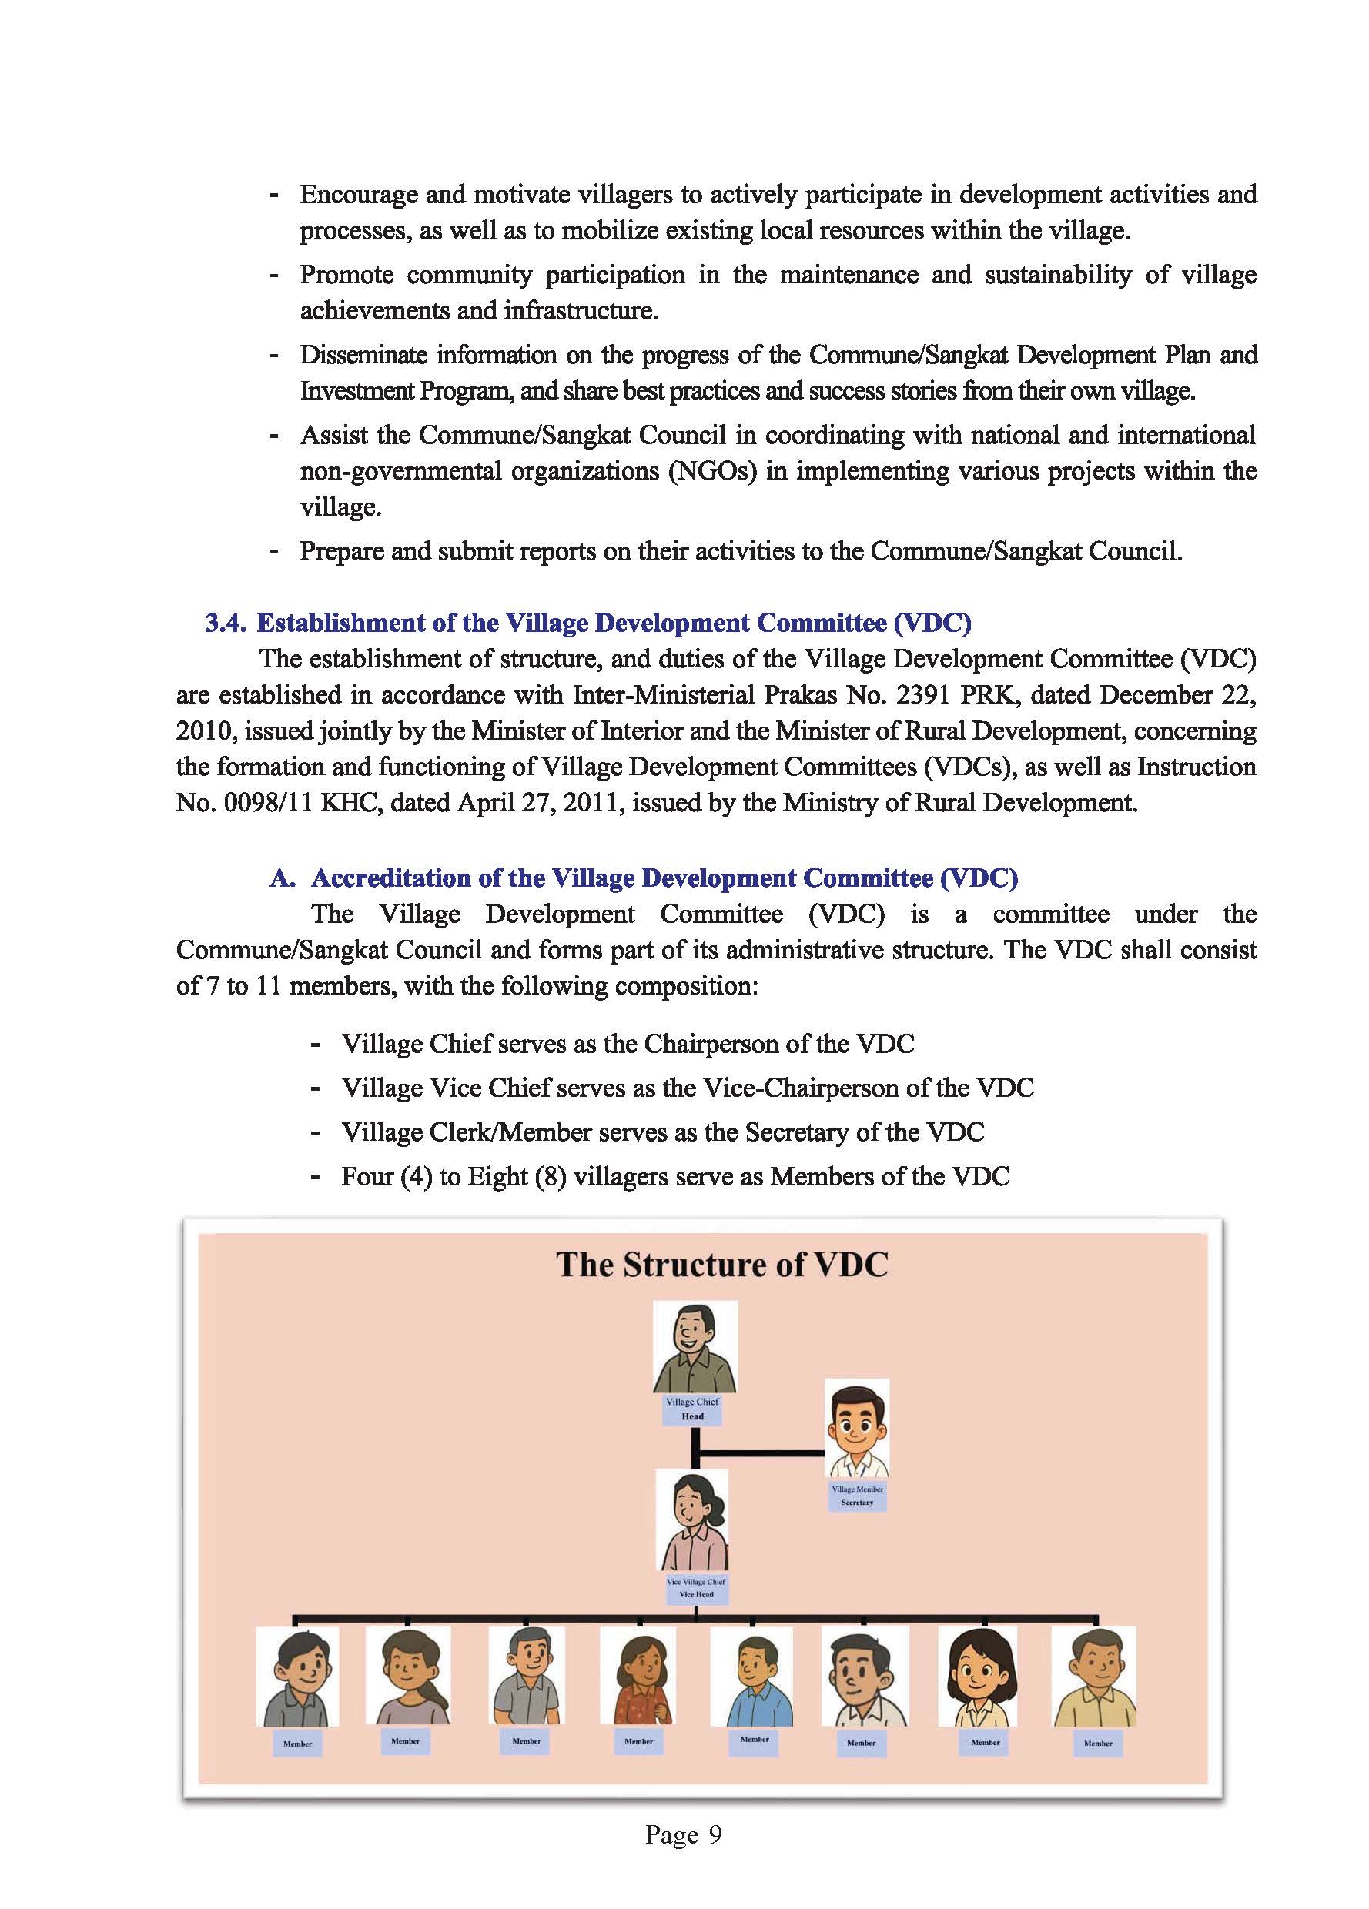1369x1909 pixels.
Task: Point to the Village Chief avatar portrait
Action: tap(695, 1347)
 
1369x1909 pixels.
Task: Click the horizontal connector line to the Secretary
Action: tap(763, 1453)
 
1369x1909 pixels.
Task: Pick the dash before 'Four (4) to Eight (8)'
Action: tap(315, 1177)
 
